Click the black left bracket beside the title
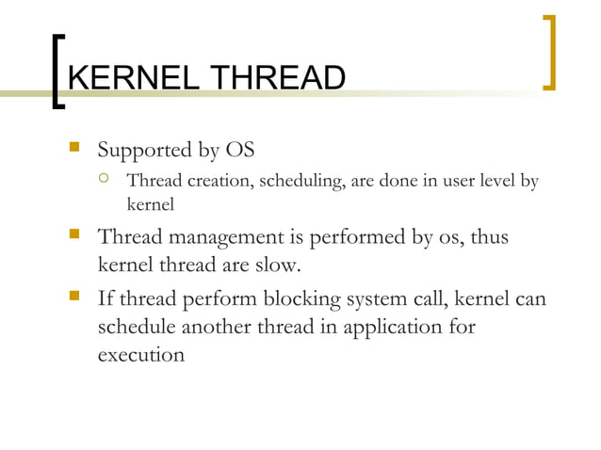click(x=59, y=72)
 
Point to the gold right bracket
click(x=549, y=53)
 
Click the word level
click(x=491, y=181)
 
